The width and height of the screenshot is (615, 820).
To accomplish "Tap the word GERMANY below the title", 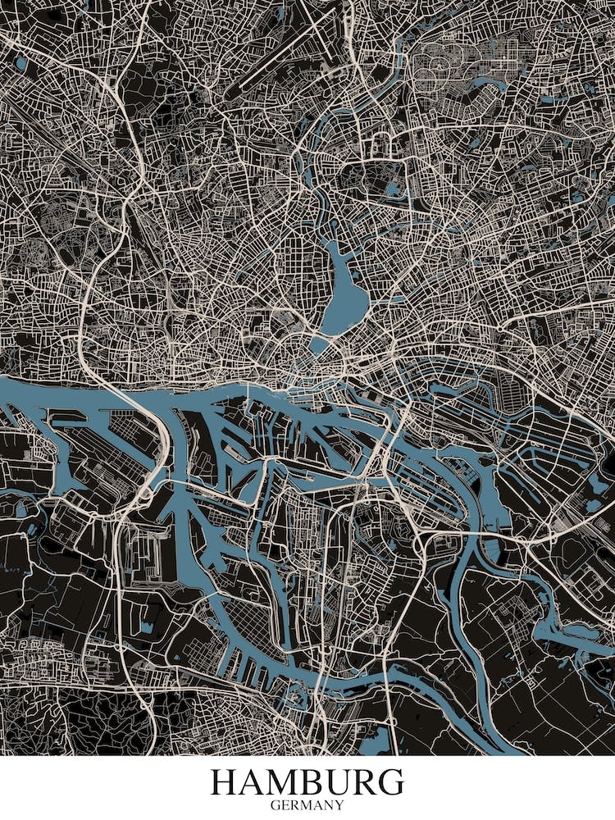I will [307, 805].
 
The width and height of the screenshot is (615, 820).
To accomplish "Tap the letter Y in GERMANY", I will [339, 805].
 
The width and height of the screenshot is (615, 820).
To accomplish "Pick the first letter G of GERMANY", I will [275, 805].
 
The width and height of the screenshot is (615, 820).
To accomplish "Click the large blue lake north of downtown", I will [343, 287].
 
